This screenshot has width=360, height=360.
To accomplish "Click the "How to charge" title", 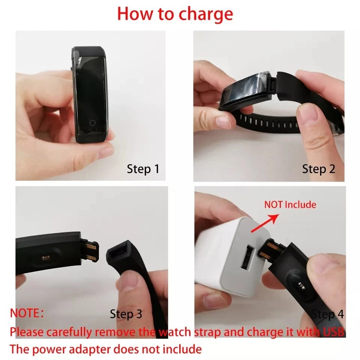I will (x=175, y=13).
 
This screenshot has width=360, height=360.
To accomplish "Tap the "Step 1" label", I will (x=143, y=169).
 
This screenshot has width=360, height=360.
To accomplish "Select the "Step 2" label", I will (x=318, y=169).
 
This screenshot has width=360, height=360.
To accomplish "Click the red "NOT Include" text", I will (x=290, y=205).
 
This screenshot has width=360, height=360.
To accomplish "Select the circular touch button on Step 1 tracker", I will (x=92, y=123).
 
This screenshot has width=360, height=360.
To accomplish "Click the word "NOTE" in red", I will (x=25, y=313).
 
